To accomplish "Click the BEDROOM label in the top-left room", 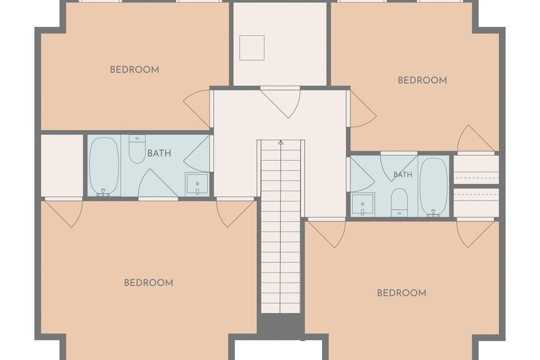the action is (135, 70).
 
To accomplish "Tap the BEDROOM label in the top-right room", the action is (422, 80).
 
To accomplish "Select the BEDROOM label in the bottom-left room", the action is (148, 283).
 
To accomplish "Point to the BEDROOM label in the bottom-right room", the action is (401, 293).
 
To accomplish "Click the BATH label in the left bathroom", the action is (159, 153).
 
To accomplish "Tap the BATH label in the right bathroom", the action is (403, 175).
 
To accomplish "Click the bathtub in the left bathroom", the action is (104, 166).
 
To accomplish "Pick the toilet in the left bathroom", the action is (137, 149).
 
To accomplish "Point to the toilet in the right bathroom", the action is (399, 202).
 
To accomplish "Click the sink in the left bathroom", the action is (197, 184).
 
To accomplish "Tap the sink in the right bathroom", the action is (363, 205).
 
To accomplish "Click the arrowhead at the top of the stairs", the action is (281, 143).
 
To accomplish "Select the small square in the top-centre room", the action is (252, 48).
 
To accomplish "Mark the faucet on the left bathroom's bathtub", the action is (103, 193).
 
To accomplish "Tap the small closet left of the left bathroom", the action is (62, 166).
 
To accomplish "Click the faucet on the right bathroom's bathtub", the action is (433, 213).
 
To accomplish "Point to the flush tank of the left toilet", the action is (137, 138).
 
